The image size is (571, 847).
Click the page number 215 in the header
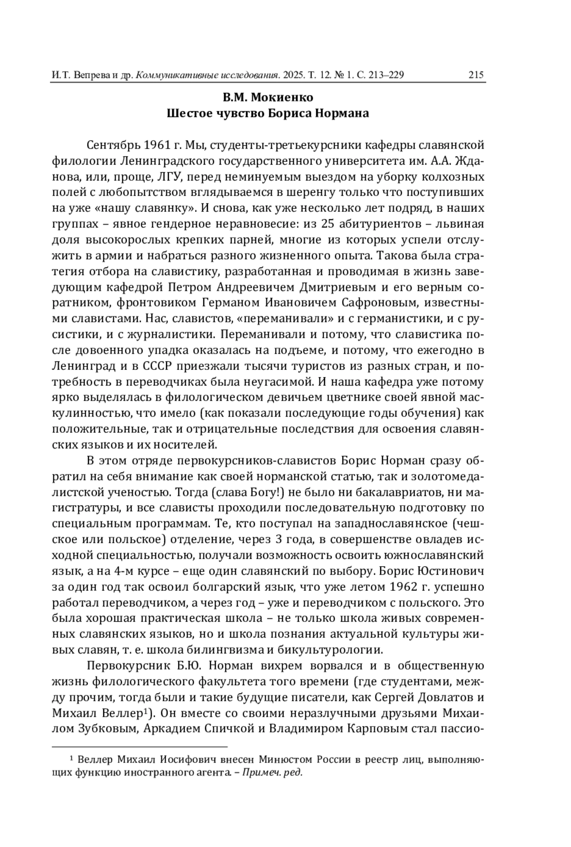(x=475, y=75)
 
